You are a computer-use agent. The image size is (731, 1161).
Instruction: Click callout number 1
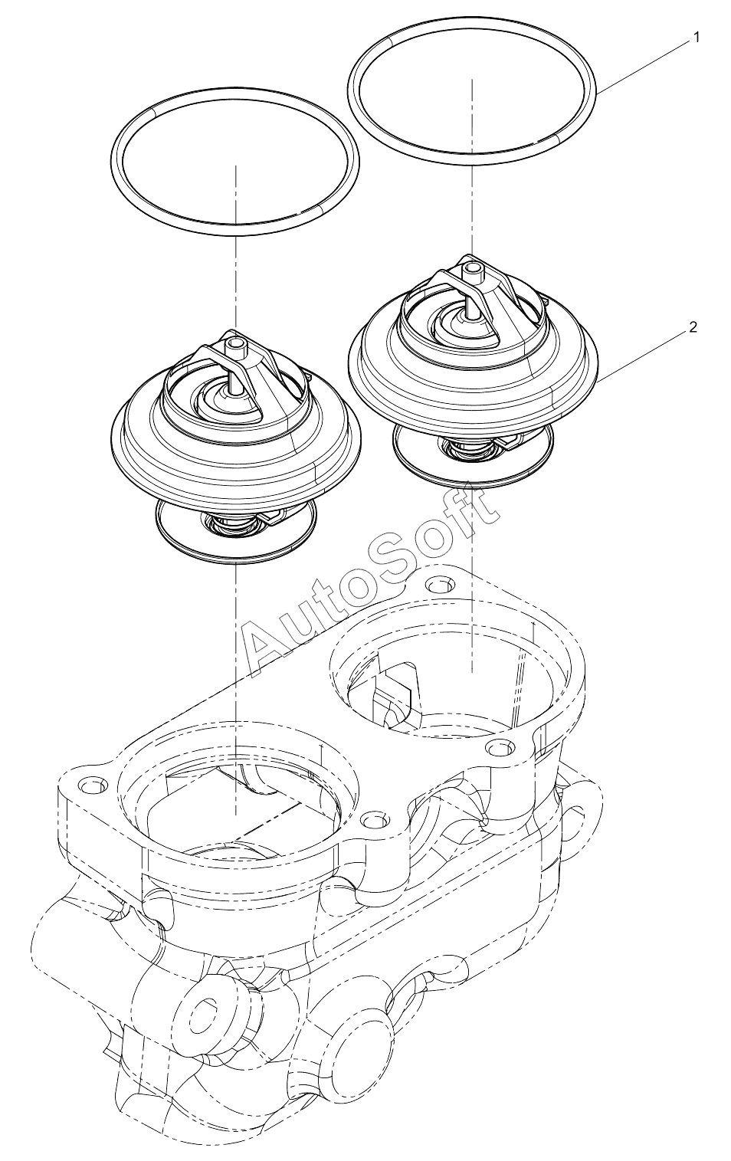tap(697, 38)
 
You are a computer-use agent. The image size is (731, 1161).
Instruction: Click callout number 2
tap(693, 327)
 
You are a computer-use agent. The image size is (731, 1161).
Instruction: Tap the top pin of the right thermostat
tap(471, 270)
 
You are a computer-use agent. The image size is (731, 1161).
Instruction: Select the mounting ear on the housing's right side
tap(583, 824)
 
